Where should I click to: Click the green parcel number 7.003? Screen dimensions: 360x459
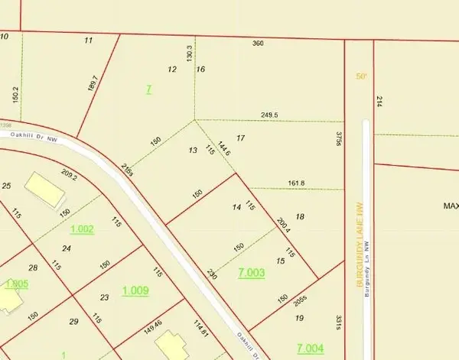(251, 273)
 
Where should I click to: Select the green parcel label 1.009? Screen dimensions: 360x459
(135, 290)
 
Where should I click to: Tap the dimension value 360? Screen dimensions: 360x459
(258, 44)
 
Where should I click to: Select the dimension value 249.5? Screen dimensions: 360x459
(269, 115)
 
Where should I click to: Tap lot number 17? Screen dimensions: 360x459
(241, 138)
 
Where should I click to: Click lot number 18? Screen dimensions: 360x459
(300, 217)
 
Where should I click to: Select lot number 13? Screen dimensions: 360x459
(193, 150)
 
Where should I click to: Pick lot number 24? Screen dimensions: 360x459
(67, 248)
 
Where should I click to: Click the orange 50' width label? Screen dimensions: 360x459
(361, 76)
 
